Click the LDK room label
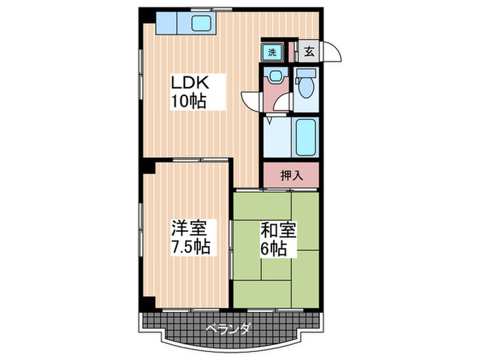[194, 84]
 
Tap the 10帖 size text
[189, 102]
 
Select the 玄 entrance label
[309, 51]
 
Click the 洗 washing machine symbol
[272, 52]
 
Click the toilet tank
[302, 77]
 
